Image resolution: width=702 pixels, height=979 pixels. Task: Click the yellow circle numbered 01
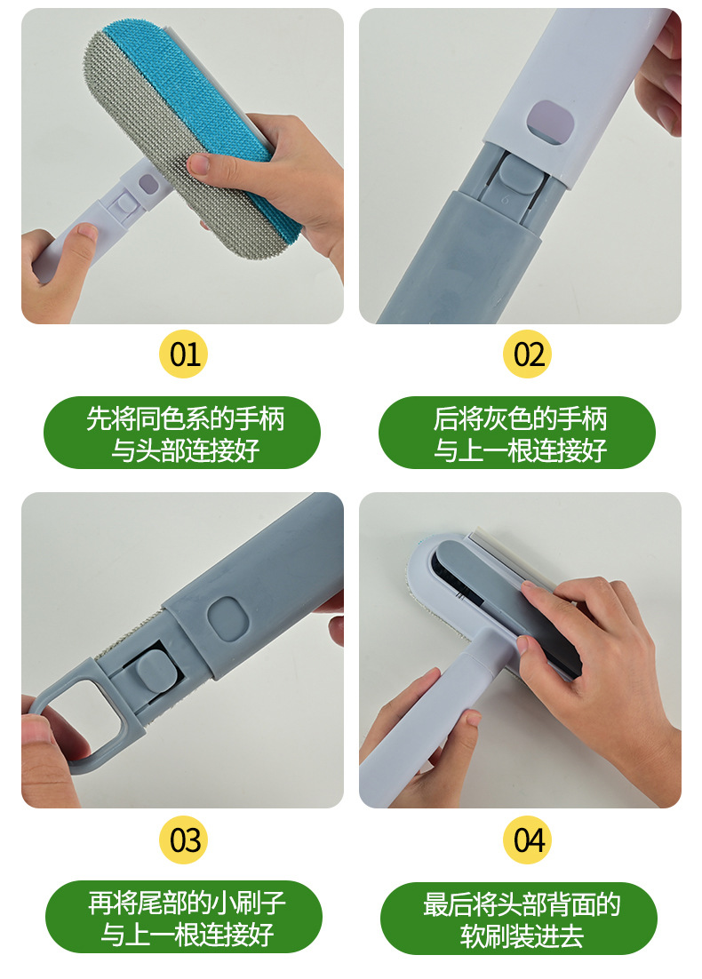(184, 354)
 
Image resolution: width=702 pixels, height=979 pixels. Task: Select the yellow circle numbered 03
(184, 840)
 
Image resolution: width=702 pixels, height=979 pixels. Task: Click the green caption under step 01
(182, 433)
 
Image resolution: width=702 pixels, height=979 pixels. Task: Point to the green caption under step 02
(517, 433)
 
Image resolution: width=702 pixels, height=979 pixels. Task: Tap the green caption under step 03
(184, 917)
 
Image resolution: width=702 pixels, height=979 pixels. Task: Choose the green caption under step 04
(519, 919)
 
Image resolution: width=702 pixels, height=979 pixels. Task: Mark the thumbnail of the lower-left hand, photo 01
(88, 232)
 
